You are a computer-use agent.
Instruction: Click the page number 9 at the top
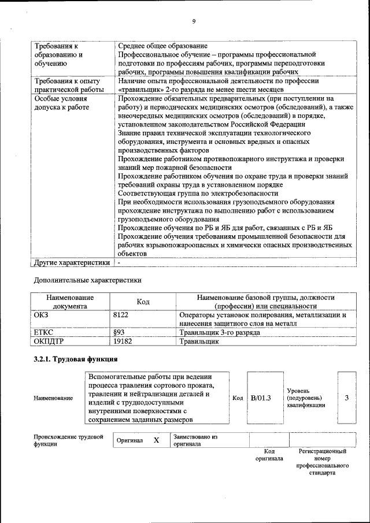click(194, 22)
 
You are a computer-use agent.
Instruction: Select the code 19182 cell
click(123, 342)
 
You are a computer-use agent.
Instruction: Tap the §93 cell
click(119, 333)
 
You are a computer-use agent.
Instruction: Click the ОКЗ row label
click(42, 316)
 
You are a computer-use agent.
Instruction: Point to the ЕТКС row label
click(45, 333)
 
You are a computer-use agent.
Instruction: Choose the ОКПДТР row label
click(49, 342)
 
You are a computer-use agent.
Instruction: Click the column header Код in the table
click(143, 302)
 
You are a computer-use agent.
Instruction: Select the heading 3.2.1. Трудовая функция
click(76, 359)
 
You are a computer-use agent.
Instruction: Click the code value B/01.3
click(261, 398)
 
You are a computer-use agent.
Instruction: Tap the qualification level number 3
click(346, 398)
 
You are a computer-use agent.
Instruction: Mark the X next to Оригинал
click(156, 440)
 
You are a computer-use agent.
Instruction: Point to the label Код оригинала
click(269, 455)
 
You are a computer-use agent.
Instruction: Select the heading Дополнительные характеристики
click(88, 280)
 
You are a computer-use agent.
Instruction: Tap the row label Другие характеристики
click(72, 262)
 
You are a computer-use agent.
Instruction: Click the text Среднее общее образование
click(162, 46)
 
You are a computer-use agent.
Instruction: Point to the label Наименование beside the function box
click(53, 398)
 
